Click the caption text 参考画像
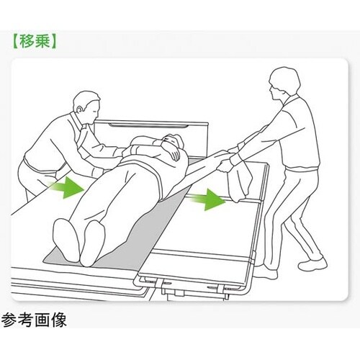click(x=34, y=320)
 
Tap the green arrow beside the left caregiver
click(x=66, y=187)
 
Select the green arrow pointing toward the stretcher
click(x=207, y=199)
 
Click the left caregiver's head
click(x=87, y=107)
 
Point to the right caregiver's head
click(x=284, y=82)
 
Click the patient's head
click(x=174, y=142)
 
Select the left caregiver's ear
click(x=79, y=109)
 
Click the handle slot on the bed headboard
click(x=148, y=125)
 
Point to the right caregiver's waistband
click(x=303, y=168)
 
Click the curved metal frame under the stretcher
click(x=192, y=289)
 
